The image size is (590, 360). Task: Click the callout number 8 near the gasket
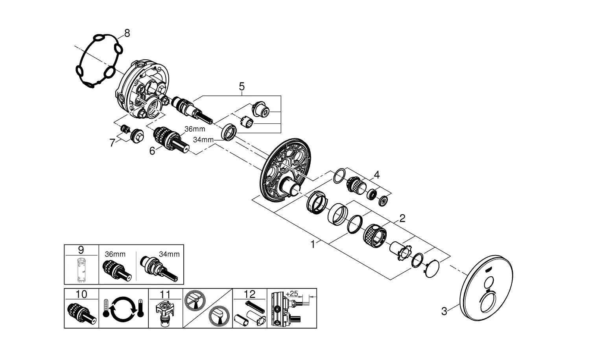tap(126, 33)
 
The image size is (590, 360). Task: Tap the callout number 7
tap(112, 143)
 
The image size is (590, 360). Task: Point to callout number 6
tap(152, 151)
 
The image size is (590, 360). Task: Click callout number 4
tap(376, 174)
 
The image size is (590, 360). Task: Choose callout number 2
tap(402, 219)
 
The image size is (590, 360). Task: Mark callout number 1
tap(313, 244)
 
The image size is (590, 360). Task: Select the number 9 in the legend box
tap(81, 250)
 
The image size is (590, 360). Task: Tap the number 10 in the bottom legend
tap(81, 294)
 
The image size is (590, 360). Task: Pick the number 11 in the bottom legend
tap(165, 294)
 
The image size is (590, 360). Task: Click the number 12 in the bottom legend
tap(250, 294)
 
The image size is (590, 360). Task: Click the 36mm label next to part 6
tap(195, 129)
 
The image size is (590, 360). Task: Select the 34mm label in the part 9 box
tap(170, 254)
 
